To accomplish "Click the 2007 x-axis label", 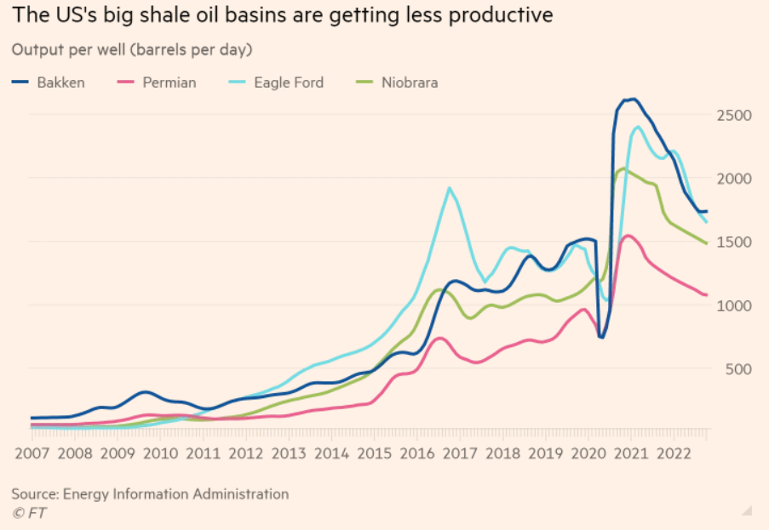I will tap(32, 453).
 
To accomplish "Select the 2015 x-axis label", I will tap(375, 453).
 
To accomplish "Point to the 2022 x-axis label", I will tap(674, 453).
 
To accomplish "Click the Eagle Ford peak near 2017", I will tap(449, 188).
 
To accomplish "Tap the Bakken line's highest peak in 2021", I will tap(631, 99).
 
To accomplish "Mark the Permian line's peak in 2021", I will tap(627, 236).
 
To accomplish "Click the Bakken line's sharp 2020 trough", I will tap(601, 338).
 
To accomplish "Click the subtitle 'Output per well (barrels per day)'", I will tap(132, 49).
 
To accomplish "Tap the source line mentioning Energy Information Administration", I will tap(150, 493).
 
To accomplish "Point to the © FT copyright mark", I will tap(29, 512).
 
